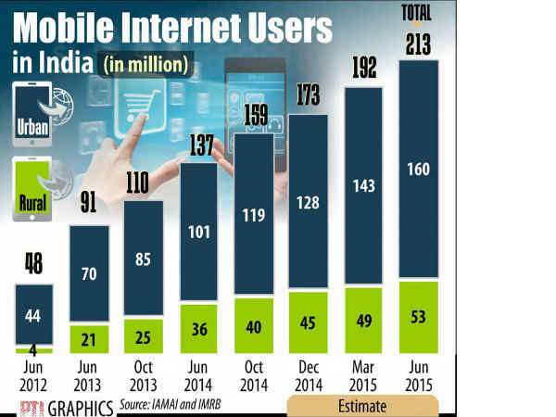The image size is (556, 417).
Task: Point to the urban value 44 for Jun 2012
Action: click(x=34, y=315)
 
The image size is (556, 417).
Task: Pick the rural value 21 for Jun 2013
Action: click(x=89, y=335)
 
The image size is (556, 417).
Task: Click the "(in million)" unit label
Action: click(x=148, y=64)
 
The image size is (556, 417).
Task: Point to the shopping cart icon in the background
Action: click(x=150, y=94)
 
